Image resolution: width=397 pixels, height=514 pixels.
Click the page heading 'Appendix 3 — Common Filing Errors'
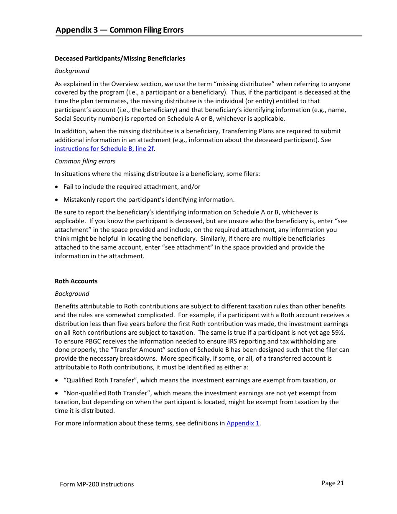coord(120,30)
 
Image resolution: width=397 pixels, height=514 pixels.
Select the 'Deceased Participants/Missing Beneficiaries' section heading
coord(120,59)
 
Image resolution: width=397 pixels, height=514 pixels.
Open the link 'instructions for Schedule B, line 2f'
coord(104,149)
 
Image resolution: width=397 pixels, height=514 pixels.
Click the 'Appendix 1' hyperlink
coord(243,423)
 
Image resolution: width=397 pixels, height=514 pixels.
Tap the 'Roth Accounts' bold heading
coord(76,281)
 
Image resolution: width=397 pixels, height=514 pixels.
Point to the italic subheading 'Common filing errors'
coord(85,161)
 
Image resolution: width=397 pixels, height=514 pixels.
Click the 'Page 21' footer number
coord(333,483)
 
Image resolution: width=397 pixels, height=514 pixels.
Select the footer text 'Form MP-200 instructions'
coord(97,484)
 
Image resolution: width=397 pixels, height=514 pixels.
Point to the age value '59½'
coord(342,333)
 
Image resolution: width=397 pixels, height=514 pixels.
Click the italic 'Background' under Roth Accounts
coord(72,294)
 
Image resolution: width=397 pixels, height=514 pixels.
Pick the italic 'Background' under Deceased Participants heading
coord(72,71)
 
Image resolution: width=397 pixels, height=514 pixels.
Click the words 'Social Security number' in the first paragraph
coord(87,119)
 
